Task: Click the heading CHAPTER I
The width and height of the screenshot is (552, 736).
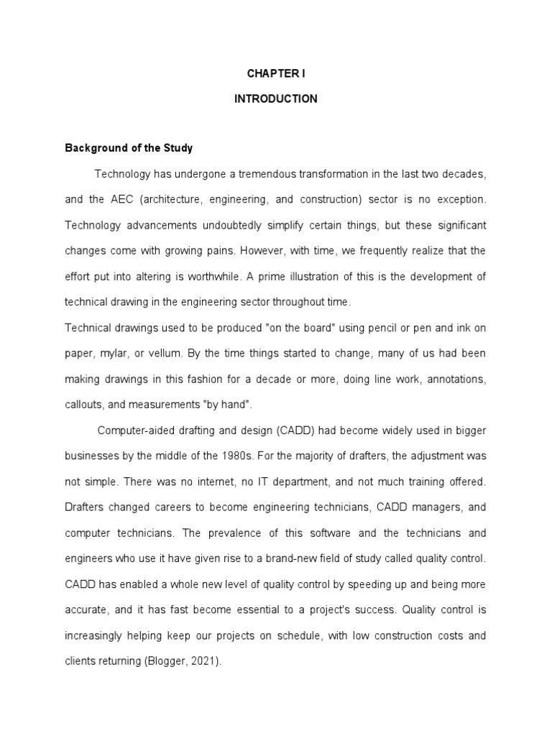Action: [275, 73]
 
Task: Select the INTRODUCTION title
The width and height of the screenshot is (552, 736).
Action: [275, 99]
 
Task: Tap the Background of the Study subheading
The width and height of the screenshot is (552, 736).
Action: [129, 149]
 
